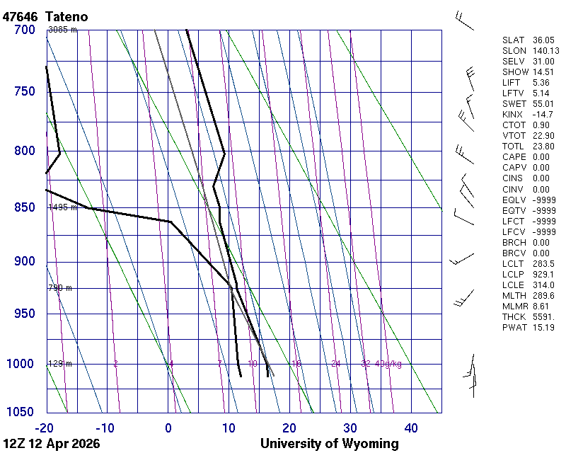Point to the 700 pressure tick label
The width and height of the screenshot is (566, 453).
pos(25,30)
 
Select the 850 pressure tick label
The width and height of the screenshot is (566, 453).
pos(25,207)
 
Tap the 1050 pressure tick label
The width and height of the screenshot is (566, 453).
pos(21,413)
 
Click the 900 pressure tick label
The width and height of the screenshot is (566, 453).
pos(25,261)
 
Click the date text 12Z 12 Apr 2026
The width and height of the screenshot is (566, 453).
pos(51,444)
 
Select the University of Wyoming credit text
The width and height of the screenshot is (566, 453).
pos(329,444)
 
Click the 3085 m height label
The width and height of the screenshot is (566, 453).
pos(62,30)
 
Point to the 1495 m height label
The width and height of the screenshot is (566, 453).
pos(62,207)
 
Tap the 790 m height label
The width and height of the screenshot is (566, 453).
pos(60,288)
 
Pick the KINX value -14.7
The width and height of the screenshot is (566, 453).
pos(543,115)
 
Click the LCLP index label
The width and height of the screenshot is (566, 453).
pos(512,274)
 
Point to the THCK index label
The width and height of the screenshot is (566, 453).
pos(513,316)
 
